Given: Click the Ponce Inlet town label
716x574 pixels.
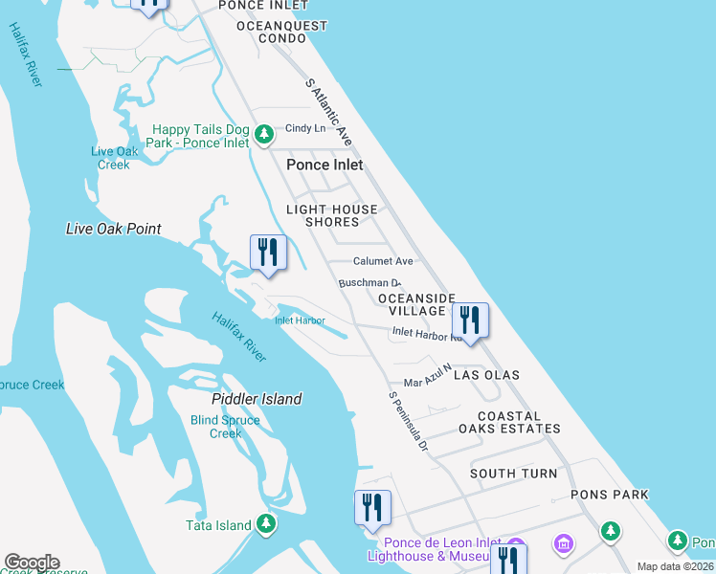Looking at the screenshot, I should (324, 165).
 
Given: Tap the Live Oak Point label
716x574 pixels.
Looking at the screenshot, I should (113, 229).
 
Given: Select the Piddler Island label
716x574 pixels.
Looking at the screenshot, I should (257, 399).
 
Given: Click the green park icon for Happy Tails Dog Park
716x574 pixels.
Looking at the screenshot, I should (266, 133).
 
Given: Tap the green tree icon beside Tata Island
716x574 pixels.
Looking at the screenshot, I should (266, 523).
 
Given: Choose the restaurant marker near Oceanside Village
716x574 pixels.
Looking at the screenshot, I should (470, 320).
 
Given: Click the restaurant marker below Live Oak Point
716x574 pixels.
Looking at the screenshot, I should (268, 253).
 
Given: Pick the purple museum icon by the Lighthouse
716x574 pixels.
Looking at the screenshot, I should (564, 544).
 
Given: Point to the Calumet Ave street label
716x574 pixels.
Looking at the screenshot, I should (383, 261).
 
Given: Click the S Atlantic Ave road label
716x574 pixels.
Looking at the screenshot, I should (328, 112).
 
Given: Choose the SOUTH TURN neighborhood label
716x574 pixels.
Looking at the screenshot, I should (514, 474).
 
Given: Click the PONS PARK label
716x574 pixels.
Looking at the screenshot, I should (610, 495).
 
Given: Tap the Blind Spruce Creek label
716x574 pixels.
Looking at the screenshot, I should (225, 427).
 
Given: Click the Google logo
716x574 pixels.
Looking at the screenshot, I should (32, 563).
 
